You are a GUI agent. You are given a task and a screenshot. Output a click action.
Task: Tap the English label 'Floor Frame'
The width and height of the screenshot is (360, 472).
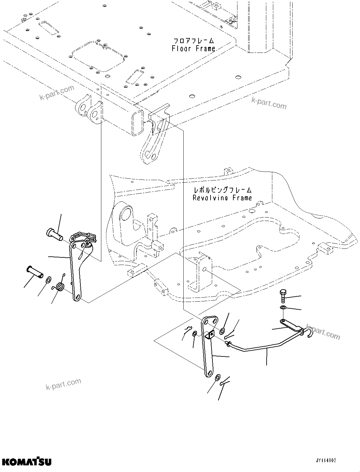pyautogui.click(x=193, y=48)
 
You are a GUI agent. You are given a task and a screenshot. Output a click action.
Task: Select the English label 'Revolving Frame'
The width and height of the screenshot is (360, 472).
pyautogui.click(x=222, y=198)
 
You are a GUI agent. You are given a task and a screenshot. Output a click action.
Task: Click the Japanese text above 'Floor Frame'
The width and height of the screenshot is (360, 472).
pyautogui.click(x=193, y=41)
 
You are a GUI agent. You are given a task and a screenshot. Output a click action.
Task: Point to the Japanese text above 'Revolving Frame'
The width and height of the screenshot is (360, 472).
pyautogui.click(x=223, y=190)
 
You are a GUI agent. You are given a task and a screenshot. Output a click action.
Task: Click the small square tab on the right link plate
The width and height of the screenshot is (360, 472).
pyautogui.click(x=210, y=333)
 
